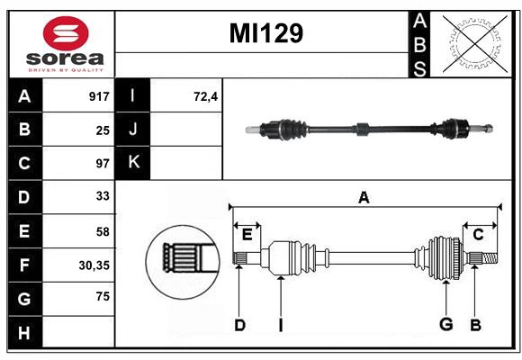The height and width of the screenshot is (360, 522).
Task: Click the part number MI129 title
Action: [265, 33]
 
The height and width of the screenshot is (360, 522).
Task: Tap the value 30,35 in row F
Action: [94, 265]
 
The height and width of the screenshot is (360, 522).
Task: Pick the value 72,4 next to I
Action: [206, 96]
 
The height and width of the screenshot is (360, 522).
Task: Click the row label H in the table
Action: [24, 333]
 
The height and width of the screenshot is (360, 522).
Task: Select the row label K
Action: [133, 163]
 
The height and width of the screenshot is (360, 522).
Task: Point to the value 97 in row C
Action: [102, 164]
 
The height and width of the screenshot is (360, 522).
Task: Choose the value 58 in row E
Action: [102, 231]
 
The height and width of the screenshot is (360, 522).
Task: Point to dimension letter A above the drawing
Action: [364, 197]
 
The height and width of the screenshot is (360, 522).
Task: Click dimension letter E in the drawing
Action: [247, 234]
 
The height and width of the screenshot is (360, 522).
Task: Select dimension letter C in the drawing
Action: [479, 234]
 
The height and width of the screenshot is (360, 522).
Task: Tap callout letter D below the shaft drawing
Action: [239, 325]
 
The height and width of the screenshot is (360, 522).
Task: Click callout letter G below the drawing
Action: [445, 325]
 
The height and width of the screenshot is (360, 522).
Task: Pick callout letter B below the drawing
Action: [476, 325]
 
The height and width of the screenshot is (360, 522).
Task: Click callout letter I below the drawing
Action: [280, 325]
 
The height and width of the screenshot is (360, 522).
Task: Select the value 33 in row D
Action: [102, 197]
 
